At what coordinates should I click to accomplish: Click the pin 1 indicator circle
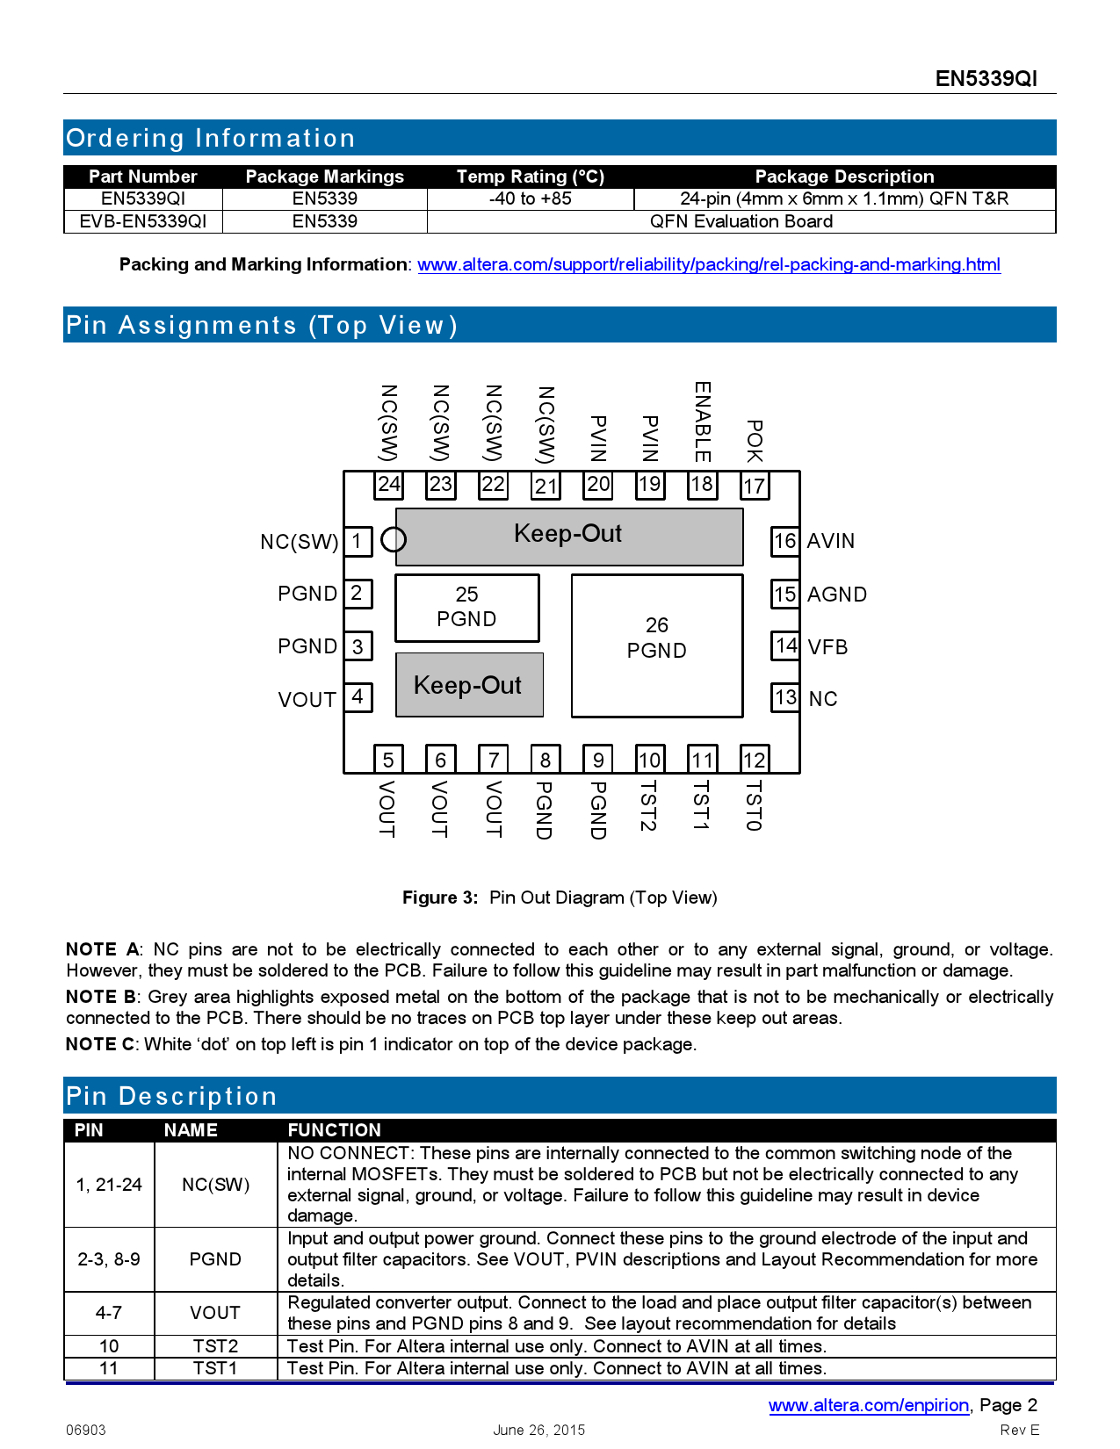pos(394,539)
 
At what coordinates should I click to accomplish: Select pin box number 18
pos(702,484)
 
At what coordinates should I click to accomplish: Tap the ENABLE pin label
pos(702,422)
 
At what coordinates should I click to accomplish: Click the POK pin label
pos(754,441)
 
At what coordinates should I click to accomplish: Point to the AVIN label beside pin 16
pos(831,541)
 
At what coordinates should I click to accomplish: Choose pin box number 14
pos(785,646)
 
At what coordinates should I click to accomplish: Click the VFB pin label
pos(827,647)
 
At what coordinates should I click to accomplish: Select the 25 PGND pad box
pos(466,608)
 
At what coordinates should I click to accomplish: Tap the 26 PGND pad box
pos(657,645)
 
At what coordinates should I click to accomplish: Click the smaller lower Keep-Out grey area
pos(469,685)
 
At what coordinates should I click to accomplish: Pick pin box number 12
pos(754,760)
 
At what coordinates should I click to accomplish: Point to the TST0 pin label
pos(754,806)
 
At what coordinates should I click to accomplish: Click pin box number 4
pos(358,697)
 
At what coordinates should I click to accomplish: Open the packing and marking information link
pos(708,264)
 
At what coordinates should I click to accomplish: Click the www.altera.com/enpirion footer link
pos(869,1405)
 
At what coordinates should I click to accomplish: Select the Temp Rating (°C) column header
pos(531,177)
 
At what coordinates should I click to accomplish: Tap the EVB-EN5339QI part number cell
pos(143,221)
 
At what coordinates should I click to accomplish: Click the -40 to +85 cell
pos(531,198)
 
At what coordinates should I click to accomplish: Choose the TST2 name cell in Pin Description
pos(215,1346)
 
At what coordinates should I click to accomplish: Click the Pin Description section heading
pos(172,1096)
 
